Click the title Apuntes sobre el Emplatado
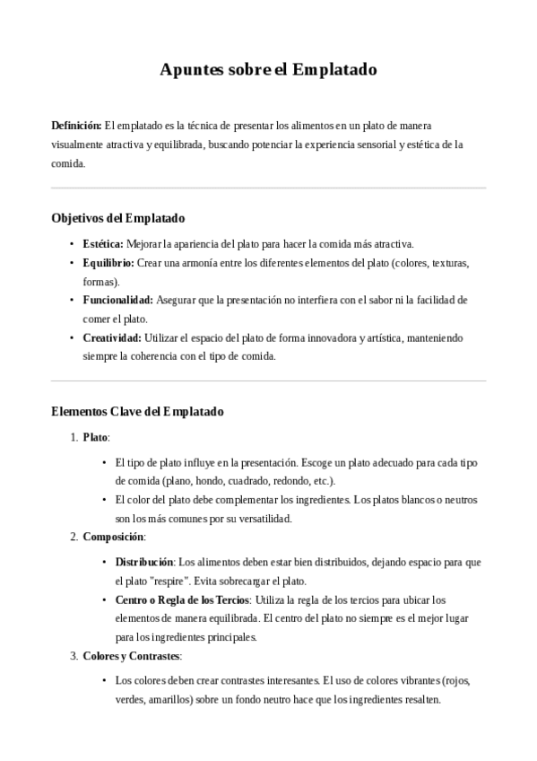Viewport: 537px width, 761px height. pyautogui.click(x=268, y=69)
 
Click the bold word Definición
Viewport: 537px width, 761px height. pyautogui.click(x=76, y=125)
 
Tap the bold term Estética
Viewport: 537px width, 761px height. pyautogui.click(x=102, y=243)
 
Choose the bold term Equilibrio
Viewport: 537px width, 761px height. pyautogui.click(x=108, y=262)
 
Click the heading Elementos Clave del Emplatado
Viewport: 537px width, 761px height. pyautogui.click(x=137, y=412)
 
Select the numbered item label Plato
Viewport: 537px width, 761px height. pyautogui.click(x=94, y=437)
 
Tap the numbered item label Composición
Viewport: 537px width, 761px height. pyautogui.click(x=113, y=537)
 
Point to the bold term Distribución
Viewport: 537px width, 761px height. pyautogui.click(x=143, y=562)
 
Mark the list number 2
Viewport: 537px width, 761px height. pyautogui.click(x=73, y=537)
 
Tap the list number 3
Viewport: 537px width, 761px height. pyautogui.click(x=73, y=655)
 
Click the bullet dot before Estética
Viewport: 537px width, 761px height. pyautogui.click(x=72, y=244)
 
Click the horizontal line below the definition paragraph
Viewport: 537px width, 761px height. pyautogui.click(x=268, y=188)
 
